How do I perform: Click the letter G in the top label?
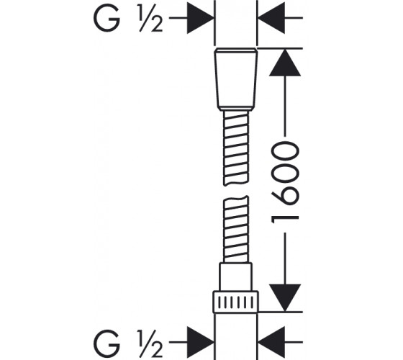coord(107,18)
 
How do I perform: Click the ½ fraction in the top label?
coord(151,18)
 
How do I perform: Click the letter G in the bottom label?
coord(107,343)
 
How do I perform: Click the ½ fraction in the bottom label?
coord(151,343)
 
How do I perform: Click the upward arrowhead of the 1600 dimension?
coord(285,63)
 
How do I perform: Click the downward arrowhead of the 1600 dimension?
coord(285,298)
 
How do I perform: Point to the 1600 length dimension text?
coord(285,184)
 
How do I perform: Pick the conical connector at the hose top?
coord(236,79)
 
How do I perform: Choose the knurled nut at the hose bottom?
coord(236,302)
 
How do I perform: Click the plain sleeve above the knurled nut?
coord(235,277)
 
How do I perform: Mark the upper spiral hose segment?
coord(236,148)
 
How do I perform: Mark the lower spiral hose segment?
coord(236,230)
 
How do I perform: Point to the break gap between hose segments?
coord(236,191)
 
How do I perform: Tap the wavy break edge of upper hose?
coord(236,183)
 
